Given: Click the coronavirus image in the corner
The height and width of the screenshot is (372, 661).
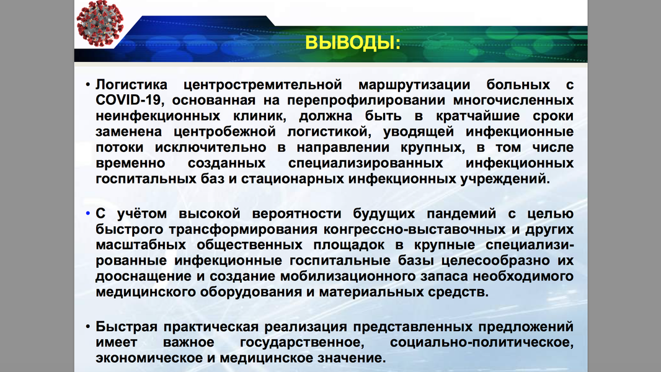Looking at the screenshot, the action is [100, 23].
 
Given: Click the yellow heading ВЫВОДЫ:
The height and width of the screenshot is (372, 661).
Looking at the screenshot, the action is [352, 43].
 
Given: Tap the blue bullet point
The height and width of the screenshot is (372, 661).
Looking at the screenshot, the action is [87, 214].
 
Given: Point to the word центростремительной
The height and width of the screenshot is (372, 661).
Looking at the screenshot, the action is [263, 85].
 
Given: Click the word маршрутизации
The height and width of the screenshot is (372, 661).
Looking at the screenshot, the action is [414, 85].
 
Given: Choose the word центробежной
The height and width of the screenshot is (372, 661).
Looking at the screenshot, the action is [224, 132].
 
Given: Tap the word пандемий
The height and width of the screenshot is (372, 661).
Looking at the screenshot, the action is [461, 214].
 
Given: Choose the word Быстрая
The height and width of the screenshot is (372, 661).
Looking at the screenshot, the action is [126, 327].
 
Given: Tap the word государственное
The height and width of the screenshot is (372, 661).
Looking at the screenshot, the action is [302, 342].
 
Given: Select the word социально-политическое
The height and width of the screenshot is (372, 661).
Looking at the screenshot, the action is [482, 342].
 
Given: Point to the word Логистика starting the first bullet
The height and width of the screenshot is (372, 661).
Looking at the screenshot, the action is [131, 85].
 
